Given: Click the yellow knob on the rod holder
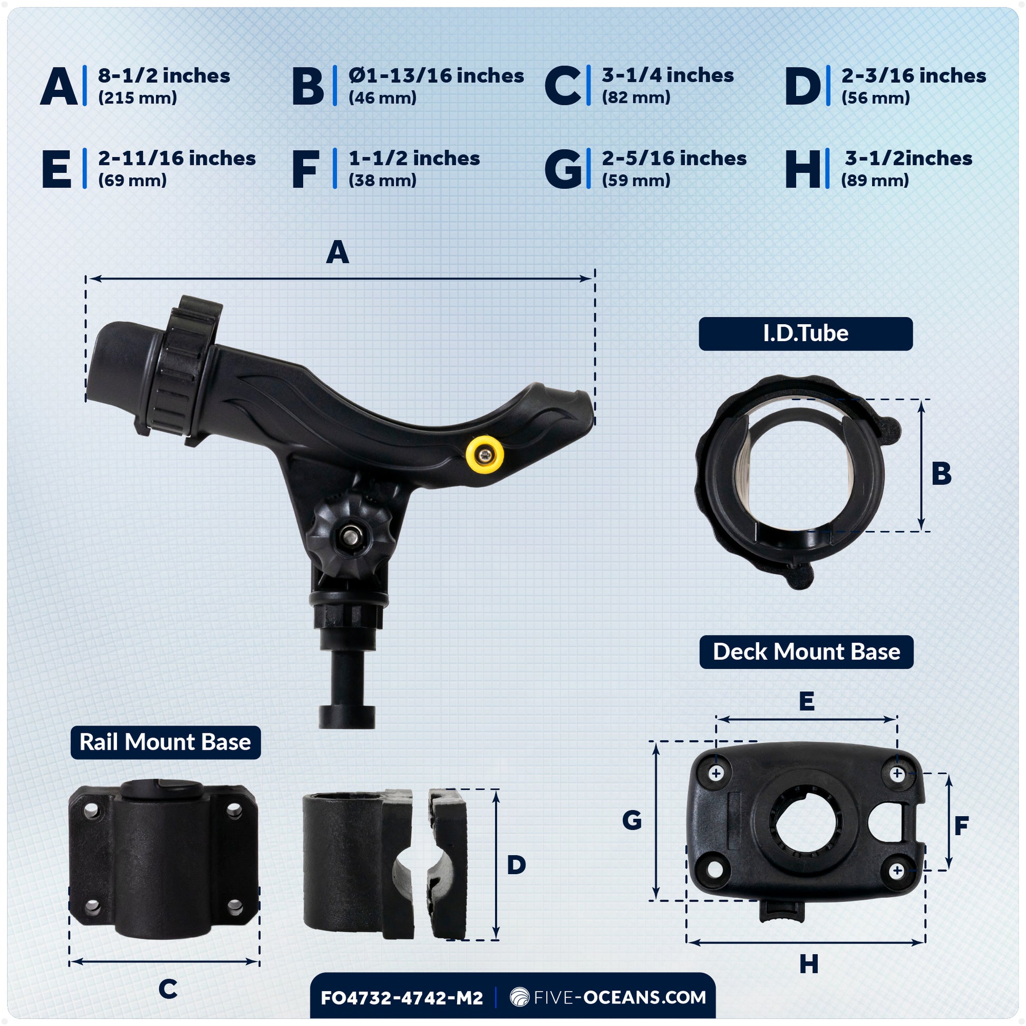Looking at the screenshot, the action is click(485, 454).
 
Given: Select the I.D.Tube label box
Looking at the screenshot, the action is click(806, 334).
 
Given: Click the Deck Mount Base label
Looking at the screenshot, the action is click(806, 652).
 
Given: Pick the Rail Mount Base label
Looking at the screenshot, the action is click(165, 742).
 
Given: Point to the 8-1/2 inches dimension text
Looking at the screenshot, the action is click(164, 76).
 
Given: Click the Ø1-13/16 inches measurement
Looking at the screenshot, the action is click(436, 76).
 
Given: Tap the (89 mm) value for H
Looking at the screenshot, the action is click(875, 180).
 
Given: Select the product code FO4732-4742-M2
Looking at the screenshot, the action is click(402, 998).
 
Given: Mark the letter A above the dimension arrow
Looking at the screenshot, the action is click(338, 252).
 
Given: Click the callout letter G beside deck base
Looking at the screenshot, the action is click(632, 820).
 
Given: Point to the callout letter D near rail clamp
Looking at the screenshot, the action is click(516, 865).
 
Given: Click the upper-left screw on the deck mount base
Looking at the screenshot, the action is click(716, 773).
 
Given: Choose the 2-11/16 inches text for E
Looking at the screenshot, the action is click(177, 159).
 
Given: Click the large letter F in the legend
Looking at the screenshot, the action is click(306, 169).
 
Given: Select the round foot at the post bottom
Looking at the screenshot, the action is click(347, 717).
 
